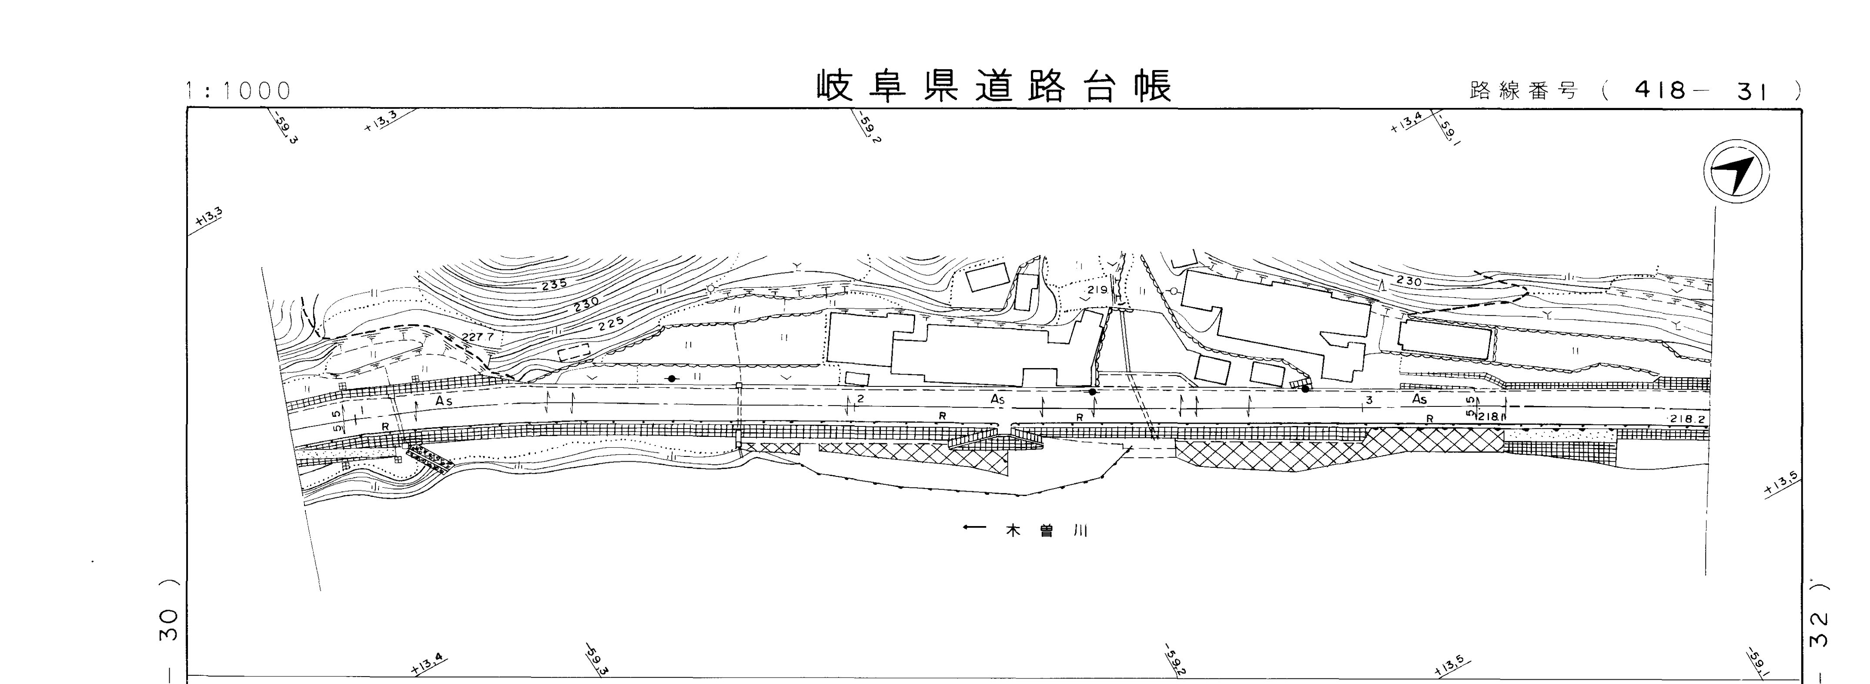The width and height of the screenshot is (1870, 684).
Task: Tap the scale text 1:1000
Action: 238,91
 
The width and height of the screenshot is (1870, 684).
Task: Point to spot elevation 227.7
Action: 477,337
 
